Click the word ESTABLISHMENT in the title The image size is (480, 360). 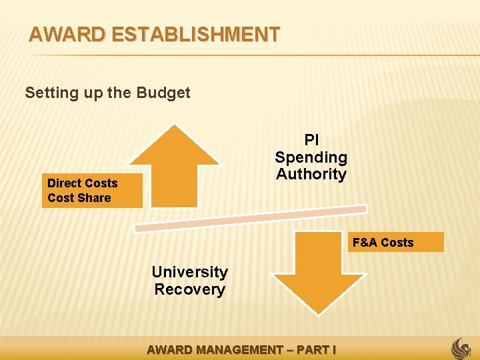coord(197,34)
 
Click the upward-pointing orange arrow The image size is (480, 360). coord(175,166)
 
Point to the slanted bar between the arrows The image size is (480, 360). coord(250,219)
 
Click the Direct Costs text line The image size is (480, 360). coord(82,183)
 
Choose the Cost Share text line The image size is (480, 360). coord(79,198)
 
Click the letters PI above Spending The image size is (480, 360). coord(311,141)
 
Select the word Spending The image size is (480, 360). coord(311,157)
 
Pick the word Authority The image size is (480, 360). coord(311,174)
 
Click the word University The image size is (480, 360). coord(189,272)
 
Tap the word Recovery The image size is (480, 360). coord(189,289)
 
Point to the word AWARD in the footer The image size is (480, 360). coord(168,349)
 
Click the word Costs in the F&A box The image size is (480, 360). coord(397,242)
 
